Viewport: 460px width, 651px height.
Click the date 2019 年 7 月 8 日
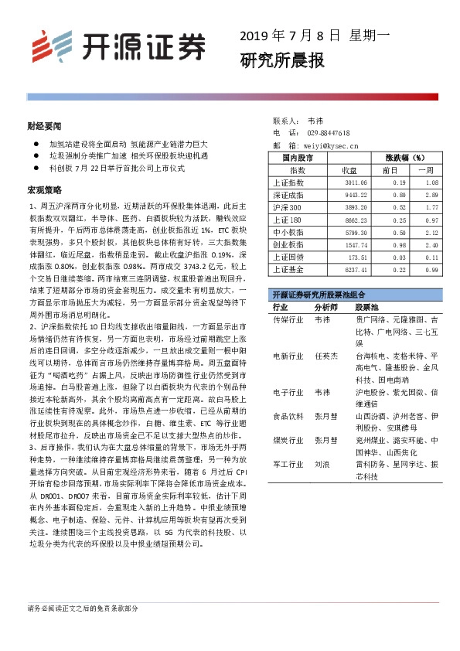tap(290, 35)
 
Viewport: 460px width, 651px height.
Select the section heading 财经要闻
tap(43, 124)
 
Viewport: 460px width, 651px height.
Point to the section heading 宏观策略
tap(43, 189)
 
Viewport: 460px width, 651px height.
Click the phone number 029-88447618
tap(329, 132)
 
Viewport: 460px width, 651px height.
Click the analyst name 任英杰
tap(326, 356)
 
